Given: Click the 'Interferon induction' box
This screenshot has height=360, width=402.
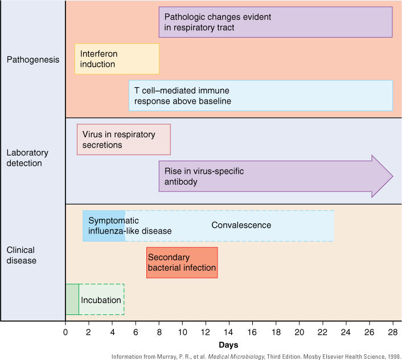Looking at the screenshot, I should tap(117, 59).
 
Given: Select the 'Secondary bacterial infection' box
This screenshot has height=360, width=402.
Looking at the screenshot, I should tap(182, 263).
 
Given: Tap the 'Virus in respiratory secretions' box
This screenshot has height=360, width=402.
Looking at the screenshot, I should tap(124, 140).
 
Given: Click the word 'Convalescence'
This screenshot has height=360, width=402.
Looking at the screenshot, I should tap(241, 225).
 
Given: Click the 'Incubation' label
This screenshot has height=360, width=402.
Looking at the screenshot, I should tap(101, 300).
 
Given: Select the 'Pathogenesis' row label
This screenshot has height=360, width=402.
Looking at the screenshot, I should tap(33, 59).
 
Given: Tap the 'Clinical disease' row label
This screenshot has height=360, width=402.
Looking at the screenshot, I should tap(22, 255).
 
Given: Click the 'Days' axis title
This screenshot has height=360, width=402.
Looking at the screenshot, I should tap(228, 345).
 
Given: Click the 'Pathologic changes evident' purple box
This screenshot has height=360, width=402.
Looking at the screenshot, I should tap(276, 22).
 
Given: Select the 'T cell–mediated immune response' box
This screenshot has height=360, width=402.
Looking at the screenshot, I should tap(260, 96).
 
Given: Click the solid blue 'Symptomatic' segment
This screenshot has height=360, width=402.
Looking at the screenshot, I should tap(104, 226).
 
